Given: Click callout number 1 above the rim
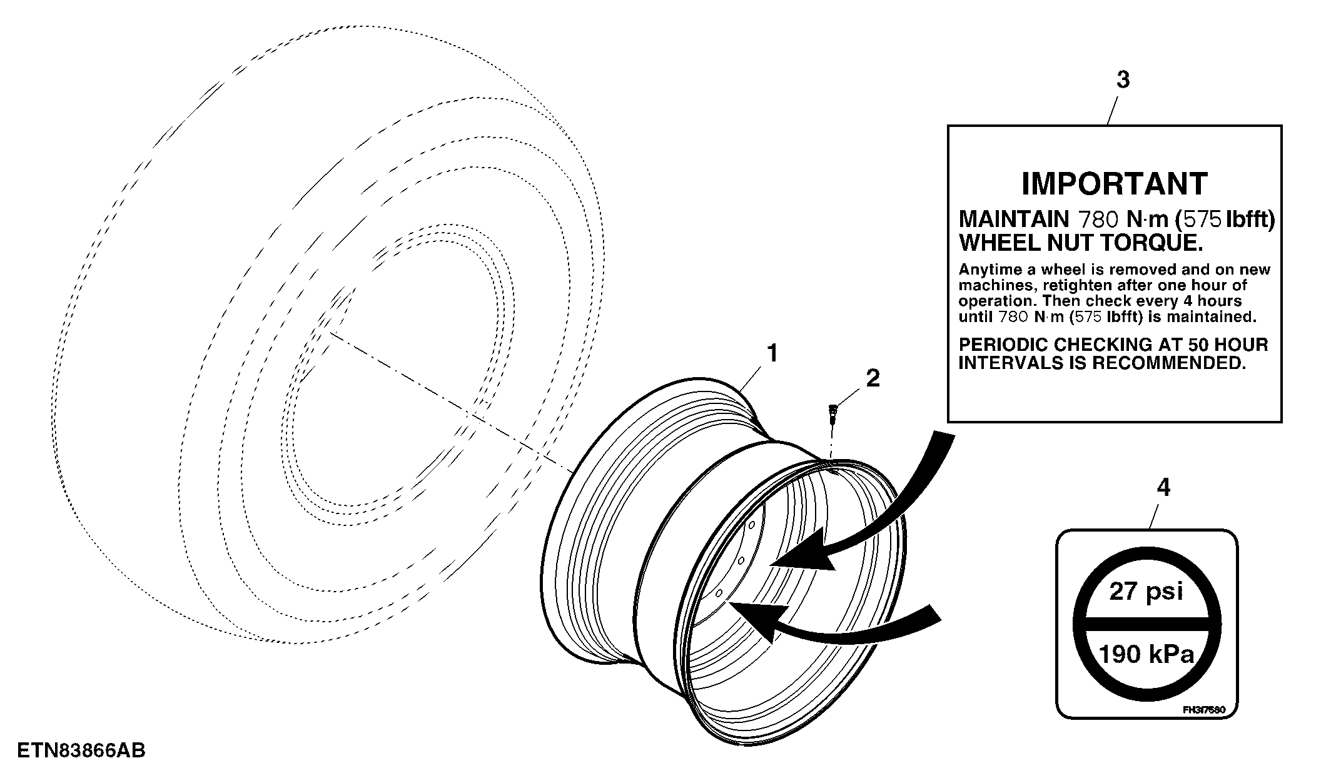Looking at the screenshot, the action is click(774, 353).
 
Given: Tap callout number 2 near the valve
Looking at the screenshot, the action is click(873, 378).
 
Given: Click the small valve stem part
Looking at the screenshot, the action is click(831, 414).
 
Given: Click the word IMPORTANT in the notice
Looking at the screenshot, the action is click(1115, 184).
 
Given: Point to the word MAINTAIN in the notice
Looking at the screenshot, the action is click(1014, 220).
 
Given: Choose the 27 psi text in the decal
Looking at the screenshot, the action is click(1146, 591).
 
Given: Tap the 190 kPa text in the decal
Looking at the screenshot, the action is click(1146, 654).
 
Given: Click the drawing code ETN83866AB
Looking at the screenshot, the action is click(81, 750).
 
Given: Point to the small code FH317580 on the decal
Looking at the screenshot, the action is click(1203, 710).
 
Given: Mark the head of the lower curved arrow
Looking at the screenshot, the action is click(758, 619).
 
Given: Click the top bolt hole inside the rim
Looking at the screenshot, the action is click(752, 524).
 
